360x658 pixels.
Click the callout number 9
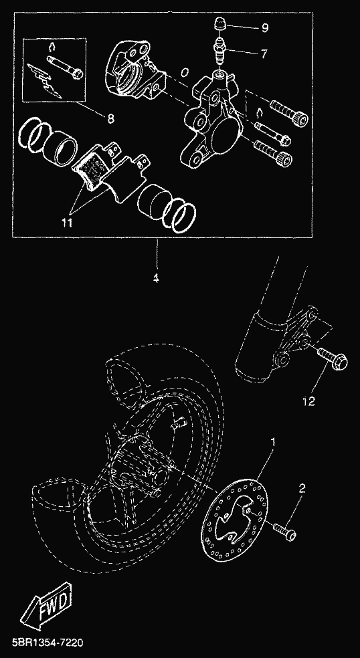[265, 28]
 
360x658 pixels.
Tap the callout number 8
[110, 119]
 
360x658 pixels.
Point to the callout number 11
[67, 222]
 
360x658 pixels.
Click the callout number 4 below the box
[156, 278]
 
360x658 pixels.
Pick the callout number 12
[308, 402]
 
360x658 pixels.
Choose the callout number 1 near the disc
[274, 442]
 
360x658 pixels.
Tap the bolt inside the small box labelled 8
[66, 67]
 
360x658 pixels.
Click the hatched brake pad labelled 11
[92, 164]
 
